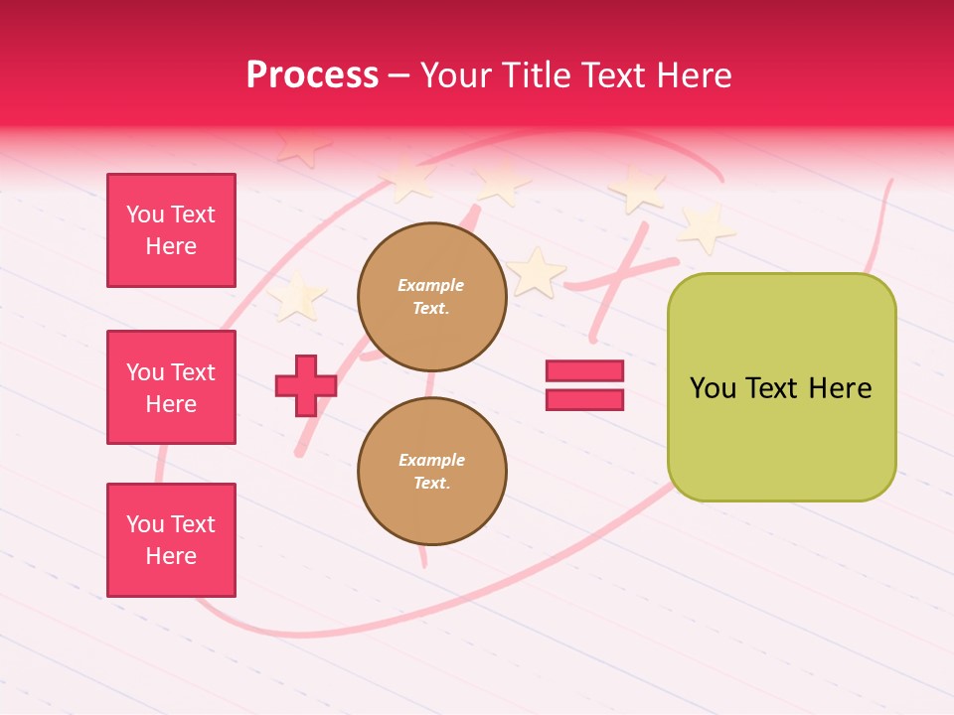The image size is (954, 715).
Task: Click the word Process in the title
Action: pos(312,75)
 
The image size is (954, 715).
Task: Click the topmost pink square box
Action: pos(171,230)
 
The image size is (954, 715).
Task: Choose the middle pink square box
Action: pos(171,387)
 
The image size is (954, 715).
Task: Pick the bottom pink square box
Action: pos(171,540)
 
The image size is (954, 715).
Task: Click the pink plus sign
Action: pos(306,385)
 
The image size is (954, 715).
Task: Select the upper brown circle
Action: pos(432,296)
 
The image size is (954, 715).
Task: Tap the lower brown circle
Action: pos(432,471)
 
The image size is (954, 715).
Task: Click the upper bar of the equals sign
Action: pos(584,370)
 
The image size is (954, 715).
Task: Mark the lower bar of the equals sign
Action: pos(584,400)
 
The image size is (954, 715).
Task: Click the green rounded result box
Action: pos(782,387)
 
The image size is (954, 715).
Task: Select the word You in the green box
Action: pos(714,388)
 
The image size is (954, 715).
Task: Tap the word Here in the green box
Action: pos(841,388)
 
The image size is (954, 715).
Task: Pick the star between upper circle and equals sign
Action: pos(537,272)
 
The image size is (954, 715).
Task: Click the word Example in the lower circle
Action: pos(431,460)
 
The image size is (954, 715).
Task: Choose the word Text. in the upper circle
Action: pos(431,308)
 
